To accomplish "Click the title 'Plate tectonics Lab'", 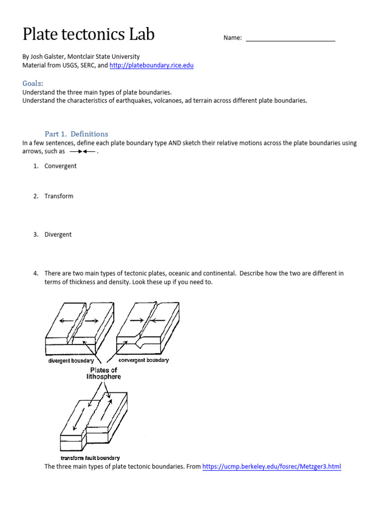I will [x=89, y=34].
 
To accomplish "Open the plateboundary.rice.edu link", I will [x=151, y=65].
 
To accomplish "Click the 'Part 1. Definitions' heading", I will [x=76, y=134].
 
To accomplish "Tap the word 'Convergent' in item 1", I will [x=60, y=166].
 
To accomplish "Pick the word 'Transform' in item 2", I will [x=59, y=196].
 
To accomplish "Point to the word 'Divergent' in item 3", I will [x=58, y=235].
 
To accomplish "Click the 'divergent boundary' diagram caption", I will [x=71, y=361].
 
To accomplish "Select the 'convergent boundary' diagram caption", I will [x=143, y=360].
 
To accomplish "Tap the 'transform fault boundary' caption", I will [x=90, y=458].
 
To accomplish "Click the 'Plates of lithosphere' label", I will [x=104, y=373].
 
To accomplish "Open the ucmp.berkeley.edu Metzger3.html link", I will [x=272, y=466].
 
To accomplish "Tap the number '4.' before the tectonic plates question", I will [x=36, y=273].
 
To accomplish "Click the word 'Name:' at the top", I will [x=233, y=38].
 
